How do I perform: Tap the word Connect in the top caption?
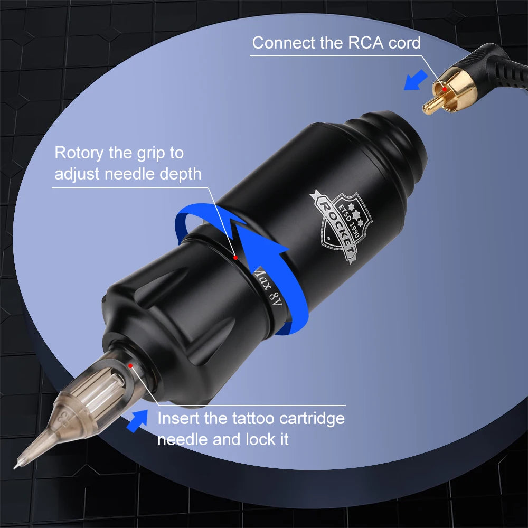point(284,43)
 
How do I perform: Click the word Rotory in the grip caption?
point(79,154)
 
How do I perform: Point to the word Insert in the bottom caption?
point(178,419)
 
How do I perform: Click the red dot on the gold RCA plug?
point(445,89)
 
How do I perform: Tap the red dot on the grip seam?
point(235,258)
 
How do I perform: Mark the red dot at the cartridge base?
point(130,366)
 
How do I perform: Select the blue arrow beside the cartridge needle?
point(137,421)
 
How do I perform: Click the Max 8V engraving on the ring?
point(268,287)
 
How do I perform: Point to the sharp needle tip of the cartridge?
point(14,467)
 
